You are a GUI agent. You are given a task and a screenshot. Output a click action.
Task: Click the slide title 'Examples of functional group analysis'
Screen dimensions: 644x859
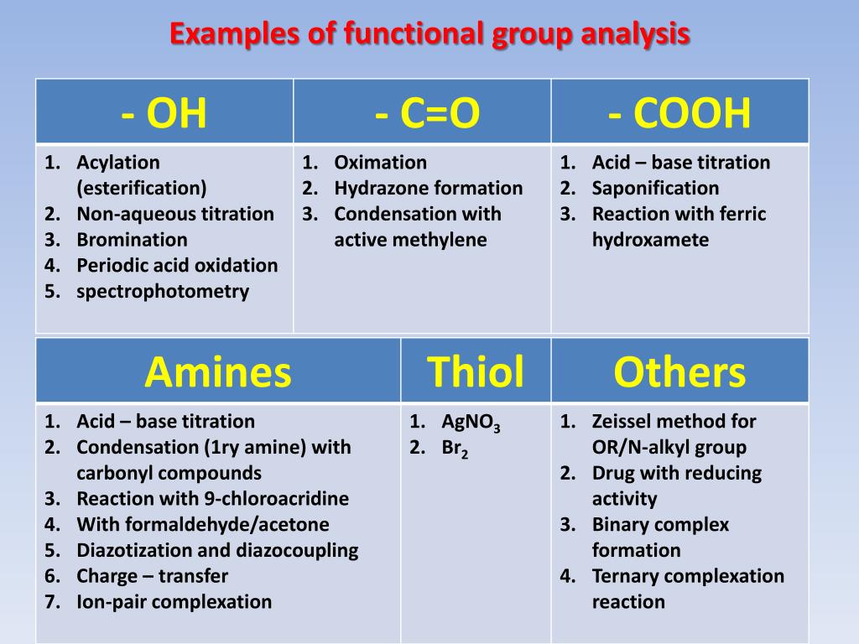click(x=429, y=34)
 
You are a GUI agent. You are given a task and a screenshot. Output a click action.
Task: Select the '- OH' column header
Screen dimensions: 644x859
click(x=164, y=113)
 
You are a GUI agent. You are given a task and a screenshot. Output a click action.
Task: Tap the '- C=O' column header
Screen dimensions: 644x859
click(x=427, y=113)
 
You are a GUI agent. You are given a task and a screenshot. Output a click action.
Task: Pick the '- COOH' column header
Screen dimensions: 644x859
click(x=679, y=113)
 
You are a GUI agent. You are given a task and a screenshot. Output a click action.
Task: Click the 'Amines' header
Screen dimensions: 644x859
click(x=217, y=371)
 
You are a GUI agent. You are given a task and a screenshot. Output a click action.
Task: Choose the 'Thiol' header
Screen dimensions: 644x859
click(x=476, y=371)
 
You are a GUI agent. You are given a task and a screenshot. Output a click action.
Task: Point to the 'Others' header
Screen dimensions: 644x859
click(x=679, y=371)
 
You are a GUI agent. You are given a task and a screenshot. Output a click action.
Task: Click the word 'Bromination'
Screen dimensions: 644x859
click(x=132, y=240)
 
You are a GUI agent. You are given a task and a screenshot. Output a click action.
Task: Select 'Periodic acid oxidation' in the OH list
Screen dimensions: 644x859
click(x=177, y=266)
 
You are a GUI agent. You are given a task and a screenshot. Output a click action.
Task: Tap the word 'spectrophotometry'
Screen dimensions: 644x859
click(x=163, y=292)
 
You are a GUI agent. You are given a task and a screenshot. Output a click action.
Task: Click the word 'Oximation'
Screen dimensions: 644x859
click(x=380, y=163)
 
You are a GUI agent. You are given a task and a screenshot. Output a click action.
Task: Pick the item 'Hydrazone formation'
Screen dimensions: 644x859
click(x=428, y=189)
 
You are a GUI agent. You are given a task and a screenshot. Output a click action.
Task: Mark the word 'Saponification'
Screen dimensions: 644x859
click(x=655, y=189)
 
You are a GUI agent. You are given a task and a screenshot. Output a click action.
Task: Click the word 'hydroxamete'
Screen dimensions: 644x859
click(x=650, y=241)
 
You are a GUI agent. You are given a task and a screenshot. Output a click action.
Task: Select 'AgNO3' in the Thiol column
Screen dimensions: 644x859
click(x=471, y=423)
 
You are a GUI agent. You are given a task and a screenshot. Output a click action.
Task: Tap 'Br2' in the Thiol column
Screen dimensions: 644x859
click(x=455, y=449)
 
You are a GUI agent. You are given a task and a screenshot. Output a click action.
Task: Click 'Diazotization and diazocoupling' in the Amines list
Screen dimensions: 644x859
click(x=217, y=551)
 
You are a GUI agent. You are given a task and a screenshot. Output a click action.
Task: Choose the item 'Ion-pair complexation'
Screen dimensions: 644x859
click(x=174, y=602)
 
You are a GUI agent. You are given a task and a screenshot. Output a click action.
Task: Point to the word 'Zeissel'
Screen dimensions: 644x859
click(x=623, y=422)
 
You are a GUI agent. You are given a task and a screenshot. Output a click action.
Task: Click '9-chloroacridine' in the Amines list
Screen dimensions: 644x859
click(x=276, y=499)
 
